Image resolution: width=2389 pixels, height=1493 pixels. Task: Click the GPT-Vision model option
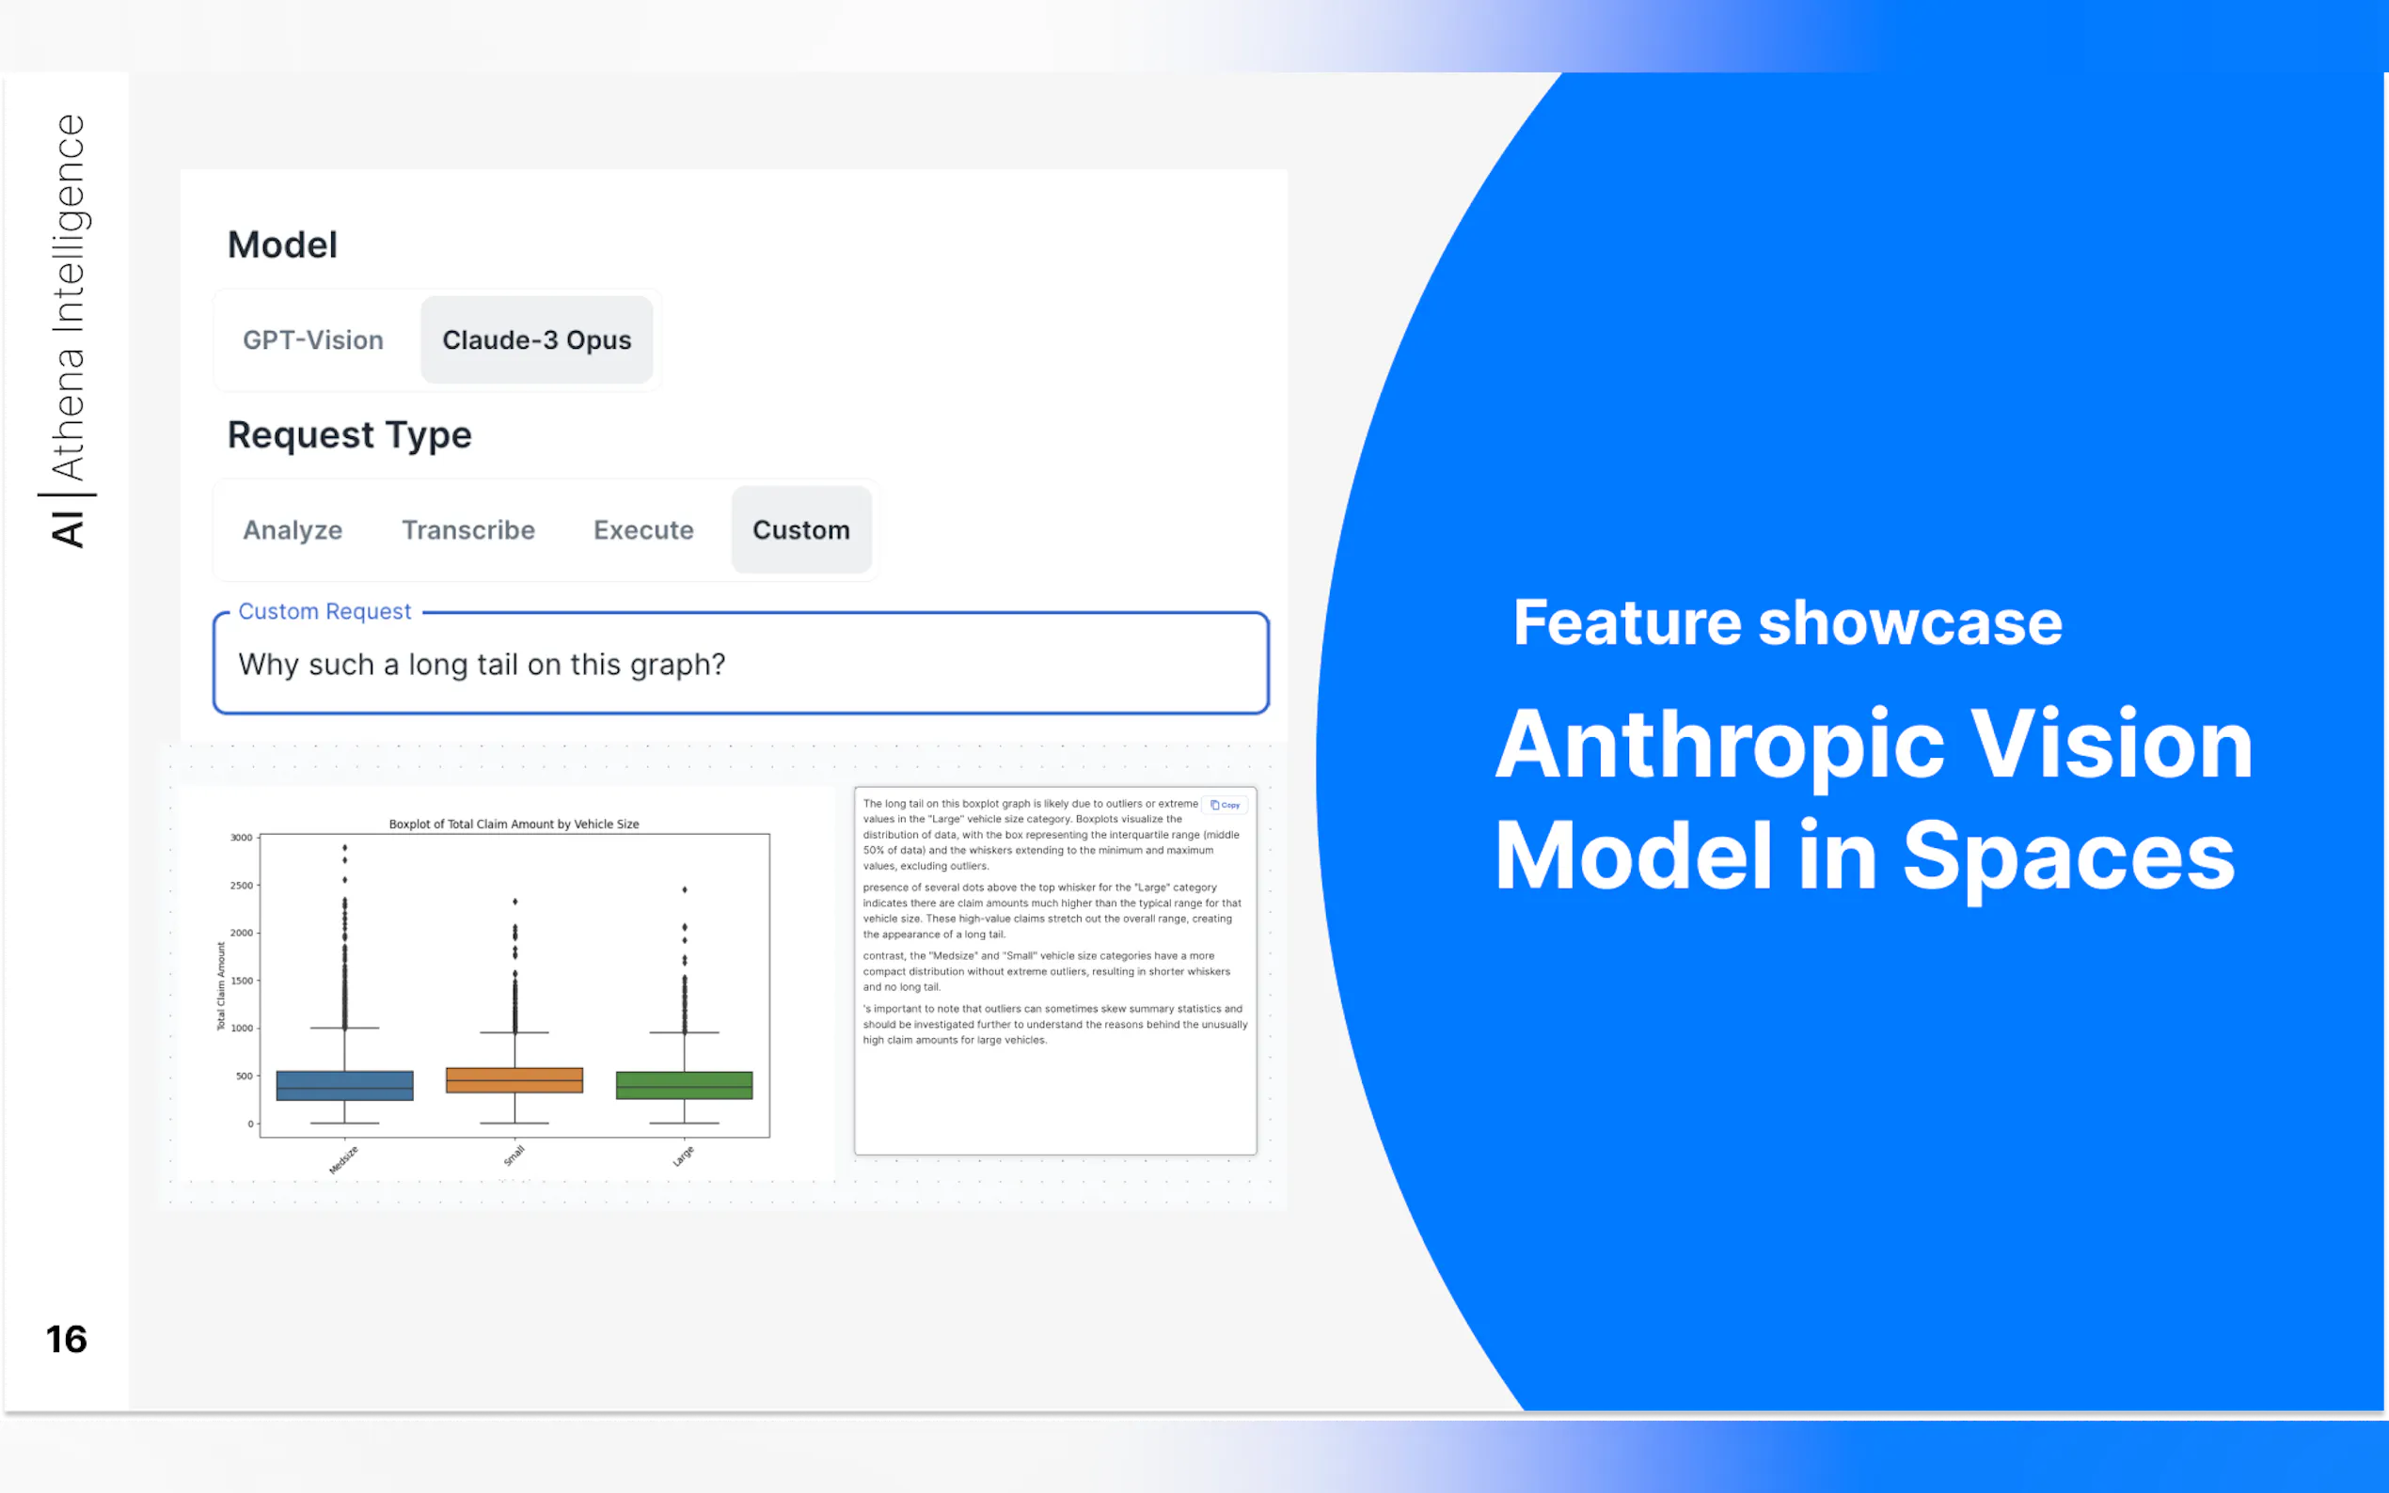click(313, 339)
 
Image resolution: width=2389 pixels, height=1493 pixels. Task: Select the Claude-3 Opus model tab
click(536, 339)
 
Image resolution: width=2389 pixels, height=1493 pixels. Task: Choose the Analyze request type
click(293, 530)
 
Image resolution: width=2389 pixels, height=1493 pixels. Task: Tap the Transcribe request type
click(468, 530)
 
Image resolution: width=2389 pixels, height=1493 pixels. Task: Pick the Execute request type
click(644, 530)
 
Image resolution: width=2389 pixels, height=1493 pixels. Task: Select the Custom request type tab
click(801, 530)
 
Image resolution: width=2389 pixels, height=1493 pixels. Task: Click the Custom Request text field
click(741, 664)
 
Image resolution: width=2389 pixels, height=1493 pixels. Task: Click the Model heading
click(282, 244)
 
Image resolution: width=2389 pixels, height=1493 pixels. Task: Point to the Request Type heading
click(350, 435)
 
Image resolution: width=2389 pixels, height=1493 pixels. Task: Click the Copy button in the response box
click(1226, 805)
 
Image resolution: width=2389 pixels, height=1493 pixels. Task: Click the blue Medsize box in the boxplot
click(344, 1085)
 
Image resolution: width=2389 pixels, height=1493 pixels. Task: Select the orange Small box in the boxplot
click(514, 1080)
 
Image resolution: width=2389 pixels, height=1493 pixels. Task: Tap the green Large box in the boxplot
click(685, 1085)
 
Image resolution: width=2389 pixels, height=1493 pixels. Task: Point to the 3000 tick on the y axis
click(242, 838)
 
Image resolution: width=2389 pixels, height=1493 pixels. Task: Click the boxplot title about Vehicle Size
click(514, 824)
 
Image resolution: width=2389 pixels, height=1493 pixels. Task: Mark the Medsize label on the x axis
click(342, 1160)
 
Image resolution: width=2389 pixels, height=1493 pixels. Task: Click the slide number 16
click(66, 1340)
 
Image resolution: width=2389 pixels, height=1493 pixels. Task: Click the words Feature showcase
click(1788, 623)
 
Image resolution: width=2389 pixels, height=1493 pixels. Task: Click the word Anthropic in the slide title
click(1720, 745)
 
